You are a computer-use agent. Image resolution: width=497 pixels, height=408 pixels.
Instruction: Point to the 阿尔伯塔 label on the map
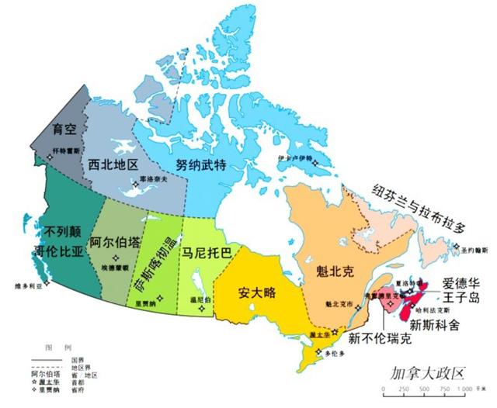[x=115, y=242]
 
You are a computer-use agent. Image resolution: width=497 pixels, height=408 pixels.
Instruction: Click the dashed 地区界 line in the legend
[x=46, y=364]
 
